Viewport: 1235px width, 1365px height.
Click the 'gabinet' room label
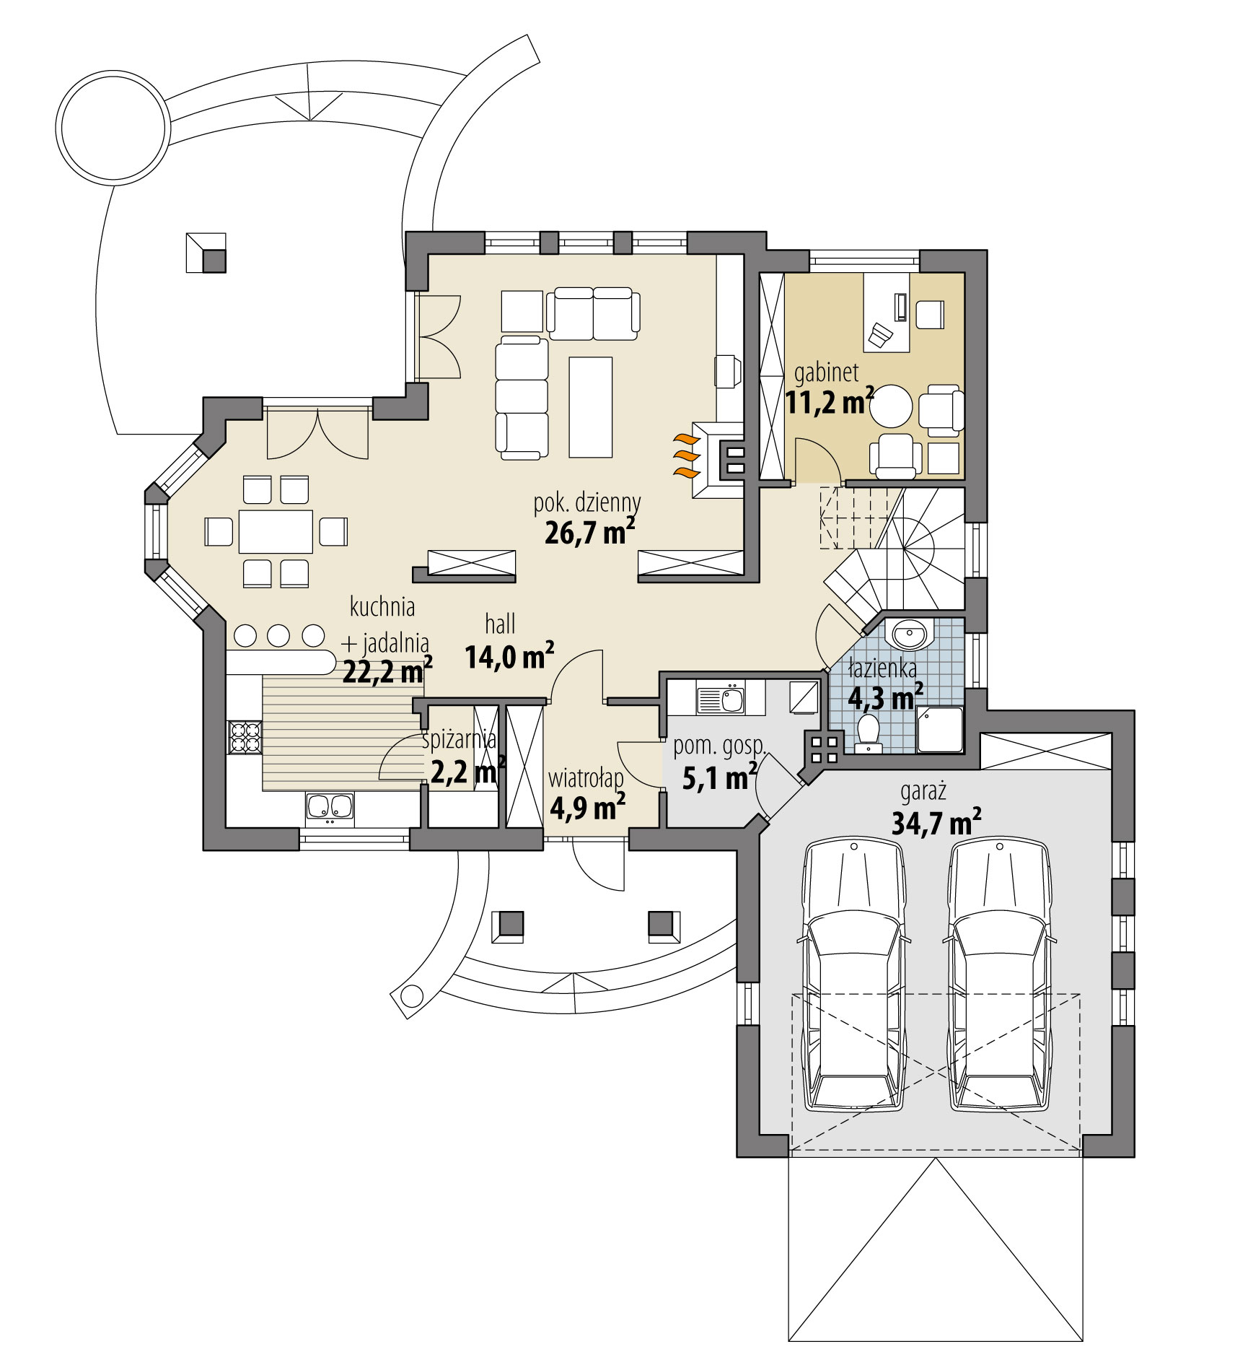(826, 372)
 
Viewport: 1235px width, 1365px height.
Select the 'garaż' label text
(923, 792)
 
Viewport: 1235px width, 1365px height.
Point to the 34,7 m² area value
(936, 822)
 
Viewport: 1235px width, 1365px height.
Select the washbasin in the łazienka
(909, 634)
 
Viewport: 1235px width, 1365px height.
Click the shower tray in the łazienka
(939, 729)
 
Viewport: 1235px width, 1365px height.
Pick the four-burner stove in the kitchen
(244, 737)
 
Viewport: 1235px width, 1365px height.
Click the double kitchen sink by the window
(330, 807)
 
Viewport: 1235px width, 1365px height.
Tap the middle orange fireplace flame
(686, 455)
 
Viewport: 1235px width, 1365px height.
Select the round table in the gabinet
(891, 406)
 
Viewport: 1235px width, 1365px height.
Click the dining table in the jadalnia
(276, 531)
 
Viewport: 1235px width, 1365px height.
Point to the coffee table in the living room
(590, 407)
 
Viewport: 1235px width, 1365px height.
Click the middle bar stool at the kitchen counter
(278, 636)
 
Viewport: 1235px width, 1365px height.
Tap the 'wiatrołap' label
(585, 779)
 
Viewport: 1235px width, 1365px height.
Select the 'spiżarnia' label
(459, 739)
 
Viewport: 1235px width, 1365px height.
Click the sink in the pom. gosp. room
(720, 699)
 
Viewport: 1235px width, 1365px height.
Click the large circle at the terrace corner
(113, 128)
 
